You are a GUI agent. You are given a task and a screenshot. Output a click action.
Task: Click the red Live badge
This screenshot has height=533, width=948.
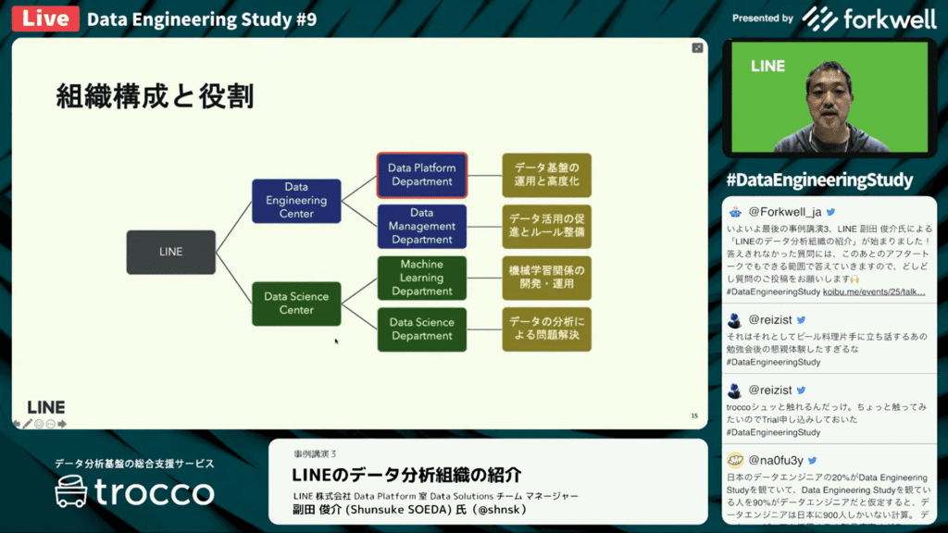(x=45, y=19)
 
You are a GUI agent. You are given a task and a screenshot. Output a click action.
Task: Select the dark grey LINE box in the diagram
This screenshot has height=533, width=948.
(x=170, y=252)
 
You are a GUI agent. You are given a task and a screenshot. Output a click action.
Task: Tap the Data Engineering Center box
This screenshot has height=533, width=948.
(x=296, y=201)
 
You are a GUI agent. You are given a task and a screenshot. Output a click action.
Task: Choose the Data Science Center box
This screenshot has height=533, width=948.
(x=296, y=304)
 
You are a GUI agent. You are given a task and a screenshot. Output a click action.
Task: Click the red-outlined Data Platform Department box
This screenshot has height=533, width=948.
(x=421, y=175)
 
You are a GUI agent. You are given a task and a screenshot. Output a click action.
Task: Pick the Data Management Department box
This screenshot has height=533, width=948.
(x=421, y=226)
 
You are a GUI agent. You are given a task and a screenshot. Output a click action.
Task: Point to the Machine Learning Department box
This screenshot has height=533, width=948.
(x=421, y=278)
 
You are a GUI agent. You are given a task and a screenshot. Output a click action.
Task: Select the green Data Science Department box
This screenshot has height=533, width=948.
(x=421, y=329)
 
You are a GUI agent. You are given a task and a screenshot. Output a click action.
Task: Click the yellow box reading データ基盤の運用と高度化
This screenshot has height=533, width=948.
(x=546, y=175)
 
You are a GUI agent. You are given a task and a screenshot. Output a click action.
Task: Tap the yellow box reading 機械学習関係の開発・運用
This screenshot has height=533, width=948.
(x=546, y=278)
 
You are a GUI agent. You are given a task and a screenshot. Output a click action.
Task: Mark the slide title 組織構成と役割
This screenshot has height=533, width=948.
(x=155, y=95)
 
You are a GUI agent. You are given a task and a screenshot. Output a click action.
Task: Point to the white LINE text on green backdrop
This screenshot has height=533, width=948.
(x=767, y=67)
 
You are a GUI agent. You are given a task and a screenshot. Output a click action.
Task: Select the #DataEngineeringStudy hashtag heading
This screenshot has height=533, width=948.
(x=820, y=180)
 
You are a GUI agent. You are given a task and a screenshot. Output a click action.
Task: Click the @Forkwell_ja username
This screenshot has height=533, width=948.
(x=785, y=212)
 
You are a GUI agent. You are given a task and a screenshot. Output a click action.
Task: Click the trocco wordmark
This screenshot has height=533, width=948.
(x=154, y=492)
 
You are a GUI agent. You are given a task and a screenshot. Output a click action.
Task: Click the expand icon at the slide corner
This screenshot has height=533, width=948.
(x=697, y=48)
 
